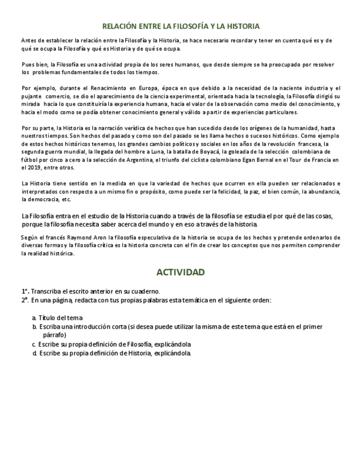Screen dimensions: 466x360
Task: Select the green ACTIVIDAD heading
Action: tap(180, 273)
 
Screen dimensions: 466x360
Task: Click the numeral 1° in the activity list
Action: tap(25, 291)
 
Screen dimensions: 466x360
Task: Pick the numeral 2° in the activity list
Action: tap(25, 300)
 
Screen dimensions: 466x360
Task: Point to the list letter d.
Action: tap(34, 353)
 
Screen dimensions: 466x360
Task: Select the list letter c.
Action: tap(34, 344)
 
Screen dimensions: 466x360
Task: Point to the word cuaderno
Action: tap(145, 291)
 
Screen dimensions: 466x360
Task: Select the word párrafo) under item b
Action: tap(54, 334)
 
